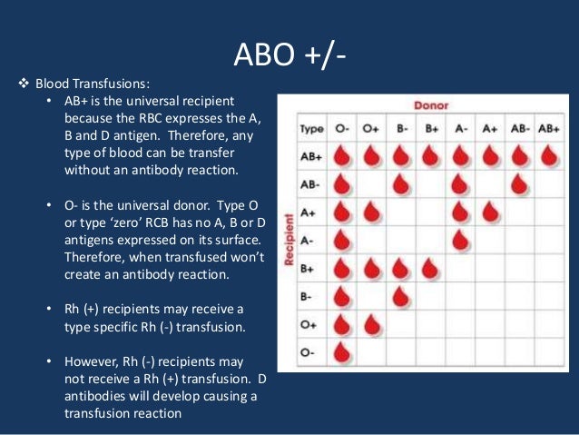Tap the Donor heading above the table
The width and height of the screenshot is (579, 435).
(431, 106)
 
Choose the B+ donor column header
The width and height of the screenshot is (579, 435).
(430, 129)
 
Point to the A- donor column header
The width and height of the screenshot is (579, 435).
(460, 129)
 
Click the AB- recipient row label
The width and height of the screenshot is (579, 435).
(310, 184)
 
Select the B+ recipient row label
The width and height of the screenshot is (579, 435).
(309, 269)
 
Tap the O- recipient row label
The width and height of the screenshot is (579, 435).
(308, 351)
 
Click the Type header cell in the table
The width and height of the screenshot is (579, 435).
(311, 129)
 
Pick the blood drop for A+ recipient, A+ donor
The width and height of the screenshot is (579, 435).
(489, 213)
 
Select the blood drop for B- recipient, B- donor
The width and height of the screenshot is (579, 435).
(401, 296)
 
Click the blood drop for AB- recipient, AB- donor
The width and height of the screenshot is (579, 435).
(518, 184)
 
